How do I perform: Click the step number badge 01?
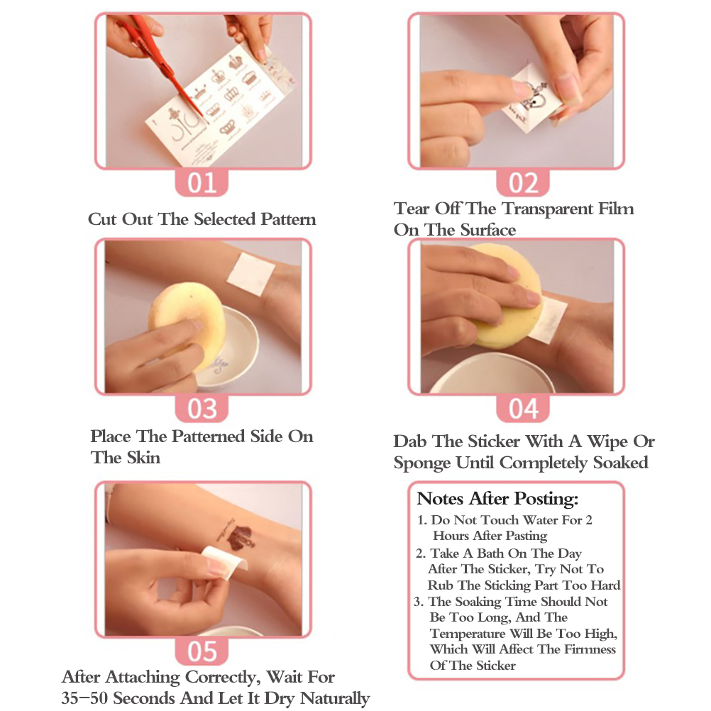click(202, 183)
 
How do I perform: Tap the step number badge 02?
click(523, 183)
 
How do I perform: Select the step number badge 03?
click(202, 408)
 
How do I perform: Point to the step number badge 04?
click(523, 408)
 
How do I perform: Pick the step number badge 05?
click(202, 651)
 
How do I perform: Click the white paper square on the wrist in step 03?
click(250, 273)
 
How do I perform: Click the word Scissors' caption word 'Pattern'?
click(288, 219)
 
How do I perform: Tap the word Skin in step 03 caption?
click(143, 458)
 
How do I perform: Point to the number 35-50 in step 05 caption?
click(84, 698)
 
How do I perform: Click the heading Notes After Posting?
click(497, 499)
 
